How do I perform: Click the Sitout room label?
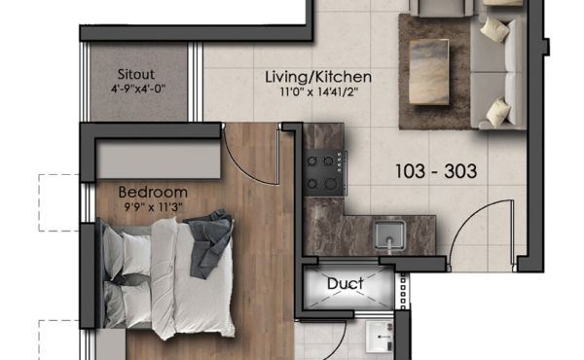(136, 74)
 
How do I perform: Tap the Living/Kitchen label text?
(318, 77)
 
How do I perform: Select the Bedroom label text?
(153, 192)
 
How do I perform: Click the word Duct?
(346, 284)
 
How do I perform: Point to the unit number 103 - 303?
(436, 171)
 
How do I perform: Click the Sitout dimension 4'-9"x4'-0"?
(137, 89)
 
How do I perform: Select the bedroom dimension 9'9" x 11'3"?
(154, 207)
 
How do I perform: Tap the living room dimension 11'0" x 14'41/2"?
(319, 91)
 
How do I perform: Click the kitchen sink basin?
(389, 235)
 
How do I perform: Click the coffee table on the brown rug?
(428, 71)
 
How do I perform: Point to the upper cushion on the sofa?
(495, 29)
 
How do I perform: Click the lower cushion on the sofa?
(499, 112)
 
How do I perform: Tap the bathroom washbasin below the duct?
(380, 338)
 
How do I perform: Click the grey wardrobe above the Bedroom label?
(159, 162)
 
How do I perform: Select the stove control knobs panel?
(340, 162)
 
